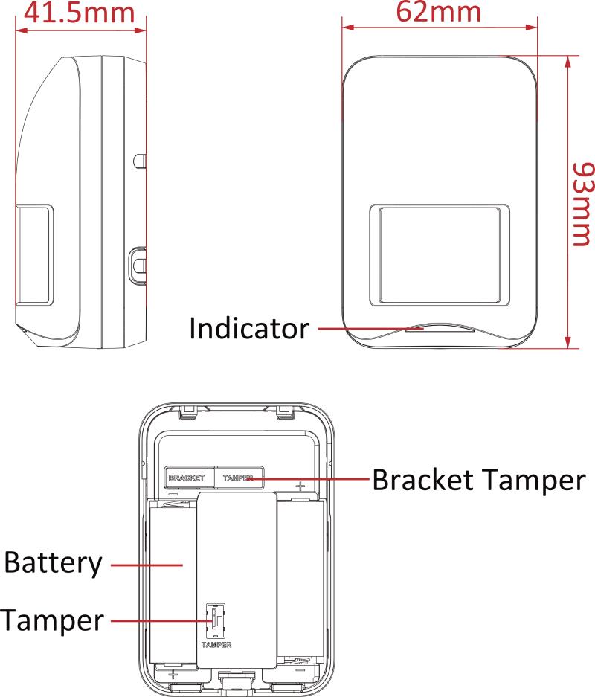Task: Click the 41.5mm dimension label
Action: [79, 13]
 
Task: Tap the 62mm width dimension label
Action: [439, 12]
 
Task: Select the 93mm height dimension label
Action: [583, 204]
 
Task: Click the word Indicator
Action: [249, 329]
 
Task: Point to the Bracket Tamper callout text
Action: [479, 480]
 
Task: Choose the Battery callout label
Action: [53, 563]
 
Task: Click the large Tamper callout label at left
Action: [52, 620]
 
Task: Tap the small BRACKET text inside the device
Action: [187, 478]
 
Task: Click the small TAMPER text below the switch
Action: [216, 644]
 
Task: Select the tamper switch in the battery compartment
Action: [216, 620]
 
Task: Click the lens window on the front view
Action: [440, 255]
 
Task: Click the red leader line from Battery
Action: [147, 565]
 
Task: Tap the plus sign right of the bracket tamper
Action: [300, 486]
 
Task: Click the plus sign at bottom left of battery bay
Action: [173, 675]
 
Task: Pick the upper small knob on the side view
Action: [140, 161]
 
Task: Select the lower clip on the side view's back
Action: [138, 265]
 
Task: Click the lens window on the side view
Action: [34, 255]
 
